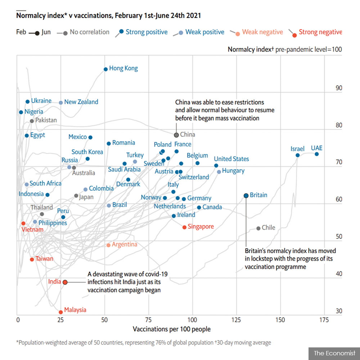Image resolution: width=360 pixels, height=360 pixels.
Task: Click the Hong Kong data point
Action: tap(105, 69)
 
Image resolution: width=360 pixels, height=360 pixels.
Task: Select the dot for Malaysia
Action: tap(60, 312)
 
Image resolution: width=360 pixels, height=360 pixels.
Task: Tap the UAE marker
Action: tap(316, 154)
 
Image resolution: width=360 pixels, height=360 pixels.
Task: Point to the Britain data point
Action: tap(246, 195)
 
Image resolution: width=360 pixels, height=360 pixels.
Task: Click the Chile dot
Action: tap(258, 228)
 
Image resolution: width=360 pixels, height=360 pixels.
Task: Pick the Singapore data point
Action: tap(184, 227)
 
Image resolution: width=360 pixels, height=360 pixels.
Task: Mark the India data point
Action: tap(65, 282)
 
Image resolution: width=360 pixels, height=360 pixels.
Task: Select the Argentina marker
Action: tap(109, 245)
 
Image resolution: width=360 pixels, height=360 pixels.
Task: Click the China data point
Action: tap(176, 135)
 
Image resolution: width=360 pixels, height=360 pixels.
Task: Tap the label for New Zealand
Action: tap(81, 102)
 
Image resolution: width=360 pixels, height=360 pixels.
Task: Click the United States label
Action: tap(231, 159)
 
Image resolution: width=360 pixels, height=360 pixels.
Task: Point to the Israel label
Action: tap(297, 149)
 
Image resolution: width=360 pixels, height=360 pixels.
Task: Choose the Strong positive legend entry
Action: tap(141, 32)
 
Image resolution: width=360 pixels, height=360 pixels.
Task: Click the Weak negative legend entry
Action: tap(256, 32)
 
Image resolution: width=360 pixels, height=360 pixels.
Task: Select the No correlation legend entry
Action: tap(83, 32)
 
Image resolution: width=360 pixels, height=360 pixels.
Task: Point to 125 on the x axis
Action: tap(236, 320)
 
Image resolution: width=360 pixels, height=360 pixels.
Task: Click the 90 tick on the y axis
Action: tap(339, 88)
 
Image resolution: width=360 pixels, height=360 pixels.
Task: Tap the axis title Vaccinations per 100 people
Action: tap(172, 329)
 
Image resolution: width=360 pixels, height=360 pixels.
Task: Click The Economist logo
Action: tap(334, 353)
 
